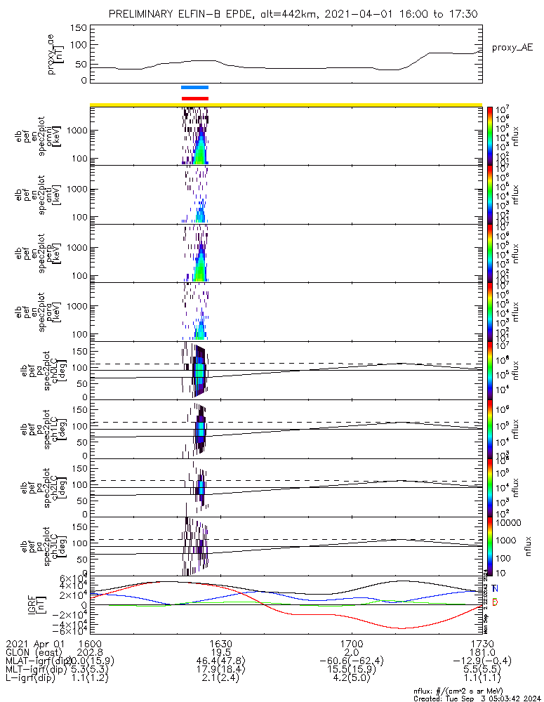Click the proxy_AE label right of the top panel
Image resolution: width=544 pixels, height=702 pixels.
[512, 48]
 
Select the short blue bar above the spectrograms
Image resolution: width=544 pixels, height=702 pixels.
[194, 88]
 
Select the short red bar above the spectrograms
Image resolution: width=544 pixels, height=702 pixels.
[194, 98]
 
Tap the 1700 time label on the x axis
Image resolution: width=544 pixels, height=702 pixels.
[351, 643]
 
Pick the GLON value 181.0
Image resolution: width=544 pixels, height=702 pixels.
[482, 652]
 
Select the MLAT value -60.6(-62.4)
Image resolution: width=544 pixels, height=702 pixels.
[351, 661]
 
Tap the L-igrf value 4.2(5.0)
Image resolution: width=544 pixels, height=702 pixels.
[351, 680]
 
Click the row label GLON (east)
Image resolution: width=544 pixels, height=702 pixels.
[32, 652]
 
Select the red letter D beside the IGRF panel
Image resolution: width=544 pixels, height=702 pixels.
[495, 602]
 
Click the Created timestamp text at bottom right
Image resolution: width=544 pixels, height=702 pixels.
[477, 698]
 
